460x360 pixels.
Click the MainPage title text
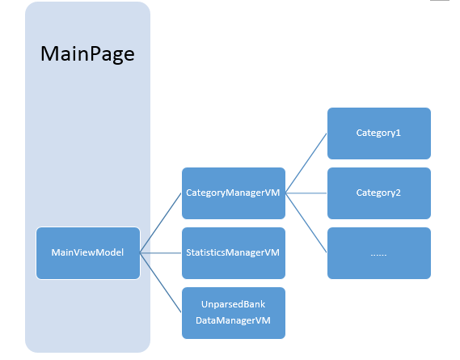87,54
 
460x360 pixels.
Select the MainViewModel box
88,253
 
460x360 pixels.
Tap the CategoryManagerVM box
234,193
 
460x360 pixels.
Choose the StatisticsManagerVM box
234,253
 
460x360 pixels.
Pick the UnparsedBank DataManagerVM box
234,313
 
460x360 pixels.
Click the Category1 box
379,133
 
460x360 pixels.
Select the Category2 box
379,193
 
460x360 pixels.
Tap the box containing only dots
379,253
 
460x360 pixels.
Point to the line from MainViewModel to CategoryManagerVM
160,222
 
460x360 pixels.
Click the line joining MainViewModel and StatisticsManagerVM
161,253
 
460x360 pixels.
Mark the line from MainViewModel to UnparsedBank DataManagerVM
160,283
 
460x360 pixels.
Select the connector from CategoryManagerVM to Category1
306,163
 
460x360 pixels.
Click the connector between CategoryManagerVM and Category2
306,193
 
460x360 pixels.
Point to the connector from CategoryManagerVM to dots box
306,222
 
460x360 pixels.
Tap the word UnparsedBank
233,304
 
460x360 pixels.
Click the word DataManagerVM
233,320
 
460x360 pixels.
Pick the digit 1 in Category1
398,133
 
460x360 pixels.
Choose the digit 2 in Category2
398,193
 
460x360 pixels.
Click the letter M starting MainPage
49,53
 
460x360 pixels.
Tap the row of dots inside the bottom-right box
378,255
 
